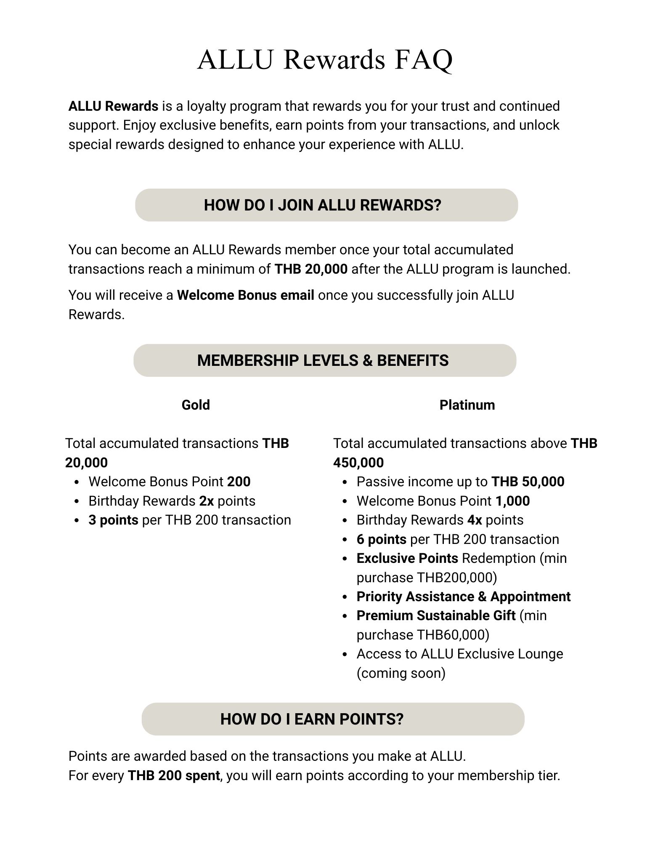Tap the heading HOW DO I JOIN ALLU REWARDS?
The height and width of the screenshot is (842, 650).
click(322, 205)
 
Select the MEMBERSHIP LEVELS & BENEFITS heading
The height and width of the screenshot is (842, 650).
click(323, 360)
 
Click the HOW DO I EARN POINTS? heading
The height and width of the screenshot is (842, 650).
click(312, 719)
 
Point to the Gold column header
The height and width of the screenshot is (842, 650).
click(196, 405)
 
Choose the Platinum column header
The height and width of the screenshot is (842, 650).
click(467, 405)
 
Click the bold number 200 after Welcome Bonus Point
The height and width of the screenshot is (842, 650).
click(239, 482)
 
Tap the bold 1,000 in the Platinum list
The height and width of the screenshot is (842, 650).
click(512, 501)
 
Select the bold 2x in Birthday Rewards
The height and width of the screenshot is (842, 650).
click(207, 501)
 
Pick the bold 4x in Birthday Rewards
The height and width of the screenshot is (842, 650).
click(475, 520)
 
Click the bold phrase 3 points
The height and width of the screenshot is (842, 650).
click(113, 520)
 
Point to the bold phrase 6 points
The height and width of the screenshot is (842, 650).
click(381, 539)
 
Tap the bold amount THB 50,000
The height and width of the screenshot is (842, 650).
click(528, 482)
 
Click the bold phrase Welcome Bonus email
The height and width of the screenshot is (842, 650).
click(245, 295)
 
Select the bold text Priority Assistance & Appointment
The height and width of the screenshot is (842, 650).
click(463, 597)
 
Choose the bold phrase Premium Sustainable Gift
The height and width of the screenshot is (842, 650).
click(436, 616)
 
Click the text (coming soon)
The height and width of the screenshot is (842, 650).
click(401, 673)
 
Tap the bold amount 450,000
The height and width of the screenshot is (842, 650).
click(358, 463)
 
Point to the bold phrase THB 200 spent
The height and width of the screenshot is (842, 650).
click(173, 775)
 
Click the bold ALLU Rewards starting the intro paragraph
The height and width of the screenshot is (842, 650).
click(113, 106)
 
